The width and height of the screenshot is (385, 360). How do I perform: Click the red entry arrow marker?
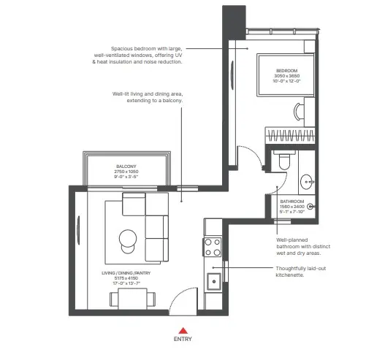click(x=183, y=330)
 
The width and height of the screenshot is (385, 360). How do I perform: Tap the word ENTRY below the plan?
click(x=183, y=340)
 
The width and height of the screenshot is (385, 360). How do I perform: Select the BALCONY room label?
click(x=126, y=166)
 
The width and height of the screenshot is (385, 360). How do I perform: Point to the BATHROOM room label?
click(x=292, y=201)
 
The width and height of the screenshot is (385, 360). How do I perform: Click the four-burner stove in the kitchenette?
click(x=213, y=247)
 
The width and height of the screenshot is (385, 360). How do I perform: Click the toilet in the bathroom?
click(x=283, y=163)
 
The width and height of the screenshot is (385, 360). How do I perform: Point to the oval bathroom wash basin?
click(x=305, y=179)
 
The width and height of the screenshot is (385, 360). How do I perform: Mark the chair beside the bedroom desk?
click(x=297, y=111)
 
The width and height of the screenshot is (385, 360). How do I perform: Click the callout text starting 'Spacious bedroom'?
click(x=146, y=55)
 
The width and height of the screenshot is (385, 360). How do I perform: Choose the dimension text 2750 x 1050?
click(x=126, y=172)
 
